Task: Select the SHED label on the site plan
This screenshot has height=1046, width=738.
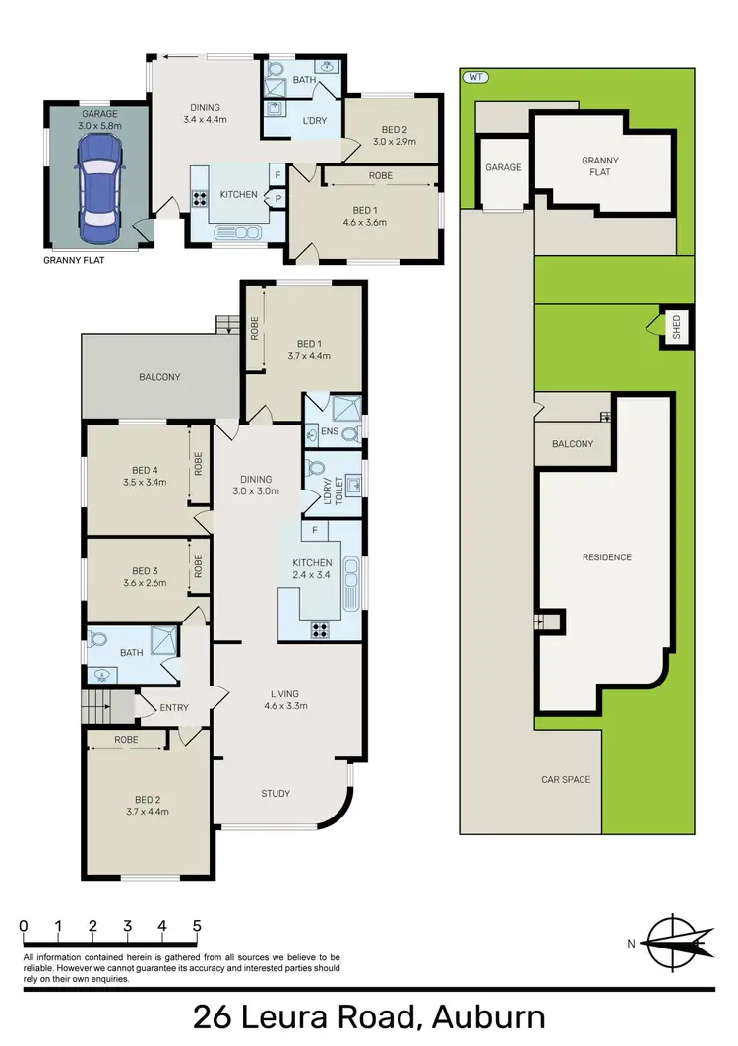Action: coord(676,326)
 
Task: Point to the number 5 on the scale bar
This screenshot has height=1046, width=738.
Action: coord(198,926)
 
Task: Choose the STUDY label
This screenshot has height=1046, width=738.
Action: coord(276,793)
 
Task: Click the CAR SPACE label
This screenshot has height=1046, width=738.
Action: coord(566,779)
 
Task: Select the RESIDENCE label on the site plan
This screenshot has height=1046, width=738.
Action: coord(606,557)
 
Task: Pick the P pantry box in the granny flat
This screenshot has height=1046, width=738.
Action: coord(277,197)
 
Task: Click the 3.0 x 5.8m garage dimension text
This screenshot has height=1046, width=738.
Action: coord(98,125)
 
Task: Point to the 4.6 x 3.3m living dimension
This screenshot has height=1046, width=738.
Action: coord(286,705)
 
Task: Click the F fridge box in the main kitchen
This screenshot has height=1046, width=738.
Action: coord(314,531)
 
